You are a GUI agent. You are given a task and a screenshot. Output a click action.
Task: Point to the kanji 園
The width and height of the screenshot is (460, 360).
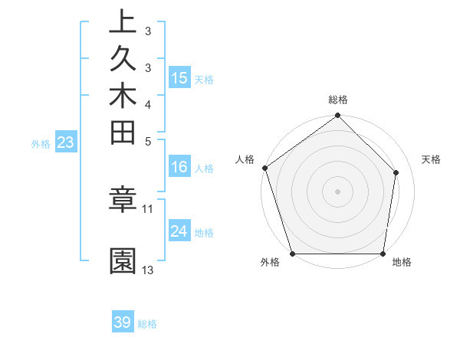coord(123,261)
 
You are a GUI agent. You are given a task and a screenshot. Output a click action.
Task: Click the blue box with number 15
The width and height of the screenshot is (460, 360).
coord(179,78)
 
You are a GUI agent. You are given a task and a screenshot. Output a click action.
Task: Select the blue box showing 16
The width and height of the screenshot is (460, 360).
coord(179,168)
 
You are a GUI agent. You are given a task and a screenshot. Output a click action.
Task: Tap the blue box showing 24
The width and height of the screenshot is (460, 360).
coord(179,231)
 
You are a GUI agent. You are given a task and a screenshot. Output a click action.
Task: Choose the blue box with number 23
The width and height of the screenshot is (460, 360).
coord(66,142)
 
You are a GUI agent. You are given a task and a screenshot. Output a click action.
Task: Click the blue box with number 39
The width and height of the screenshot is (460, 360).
coord(123,322)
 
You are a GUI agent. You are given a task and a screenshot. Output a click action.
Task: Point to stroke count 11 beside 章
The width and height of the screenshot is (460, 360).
coord(148,208)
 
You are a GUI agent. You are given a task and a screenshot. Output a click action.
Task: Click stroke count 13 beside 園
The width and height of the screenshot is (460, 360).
coord(148,270)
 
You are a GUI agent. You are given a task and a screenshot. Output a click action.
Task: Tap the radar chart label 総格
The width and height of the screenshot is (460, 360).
coord(338,100)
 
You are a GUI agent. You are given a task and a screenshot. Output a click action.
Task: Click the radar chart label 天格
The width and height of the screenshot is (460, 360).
coord(432,159)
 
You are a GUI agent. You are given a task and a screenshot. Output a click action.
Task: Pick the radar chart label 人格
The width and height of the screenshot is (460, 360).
coord(245,159)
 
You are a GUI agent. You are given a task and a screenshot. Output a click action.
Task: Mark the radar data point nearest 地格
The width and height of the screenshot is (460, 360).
coord(383,254)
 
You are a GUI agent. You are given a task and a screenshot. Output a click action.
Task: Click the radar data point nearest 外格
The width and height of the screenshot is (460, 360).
coord(292,254)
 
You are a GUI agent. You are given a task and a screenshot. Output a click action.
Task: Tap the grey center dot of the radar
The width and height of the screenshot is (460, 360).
coord(338,191)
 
